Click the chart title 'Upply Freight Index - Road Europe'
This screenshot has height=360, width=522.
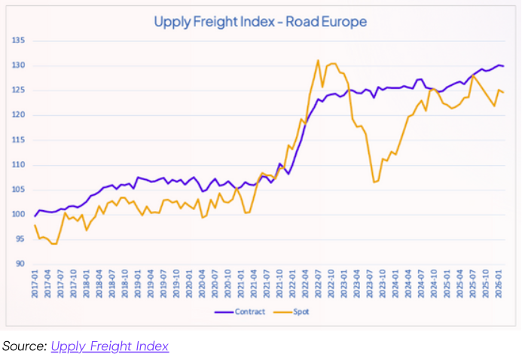pyautogui.click(x=260, y=21)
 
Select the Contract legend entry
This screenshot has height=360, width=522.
pyautogui.click(x=245, y=311)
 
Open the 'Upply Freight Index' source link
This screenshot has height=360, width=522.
pyautogui.click(x=110, y=346)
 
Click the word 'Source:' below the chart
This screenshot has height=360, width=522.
pyautogui.click(x=24, y=346)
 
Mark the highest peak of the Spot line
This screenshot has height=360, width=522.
pyautogui.click(x=318, y=60)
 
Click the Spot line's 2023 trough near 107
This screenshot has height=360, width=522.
pyautogui.click(x=374, y=182)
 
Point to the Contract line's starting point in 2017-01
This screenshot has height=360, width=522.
pyautogui.click(x=35, y=216)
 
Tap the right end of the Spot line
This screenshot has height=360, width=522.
pyautogui.click(x=503, y=93)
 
